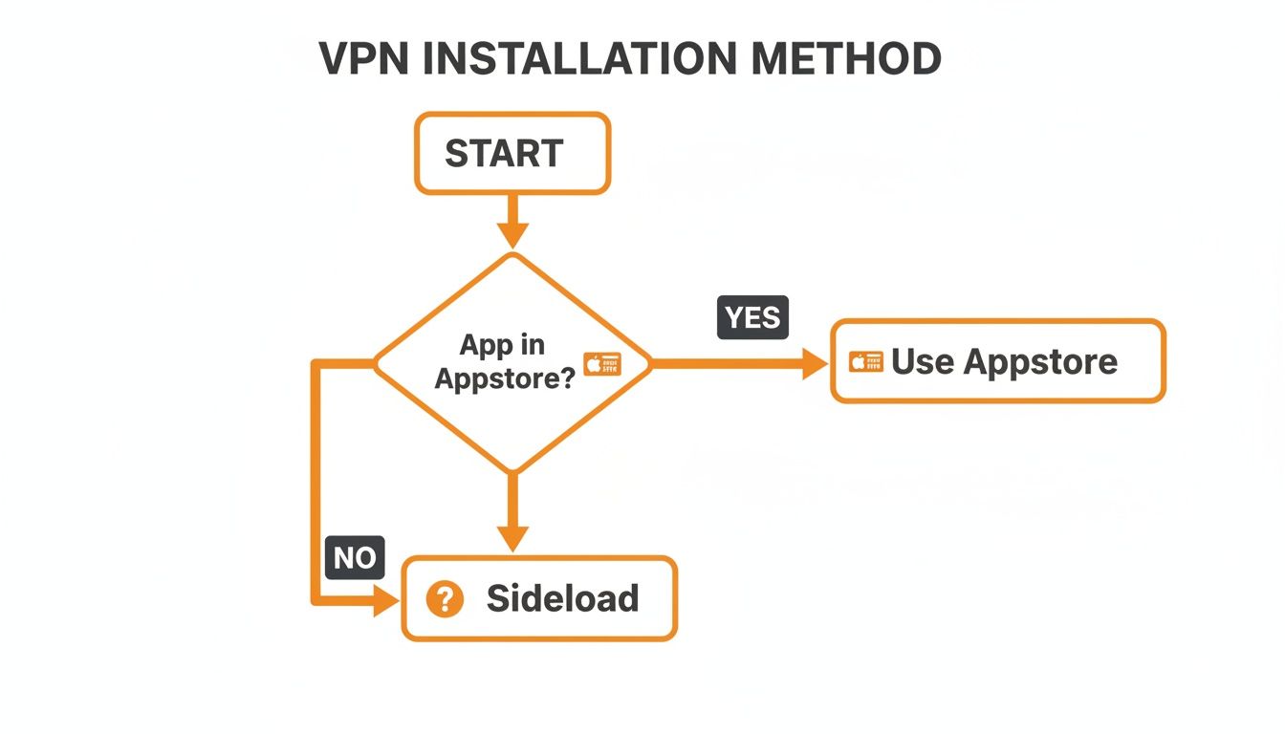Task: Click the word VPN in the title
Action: point(364,59)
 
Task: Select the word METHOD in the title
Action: point(845,59)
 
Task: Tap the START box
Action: point(512,154)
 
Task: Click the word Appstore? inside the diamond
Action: point(505,378)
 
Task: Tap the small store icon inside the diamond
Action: point(602,363)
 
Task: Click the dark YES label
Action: point(752,317)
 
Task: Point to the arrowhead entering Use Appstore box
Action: point(815,363)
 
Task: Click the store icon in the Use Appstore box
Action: point(866,362)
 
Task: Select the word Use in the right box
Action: point(923,361)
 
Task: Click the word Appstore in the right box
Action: point(1040,361)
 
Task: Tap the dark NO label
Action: point(355,557)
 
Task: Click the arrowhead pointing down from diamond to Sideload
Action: point(512,537)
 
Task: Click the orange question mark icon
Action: point(445,599)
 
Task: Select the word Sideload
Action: point(562,598)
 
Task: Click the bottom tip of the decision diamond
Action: point(512,470)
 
